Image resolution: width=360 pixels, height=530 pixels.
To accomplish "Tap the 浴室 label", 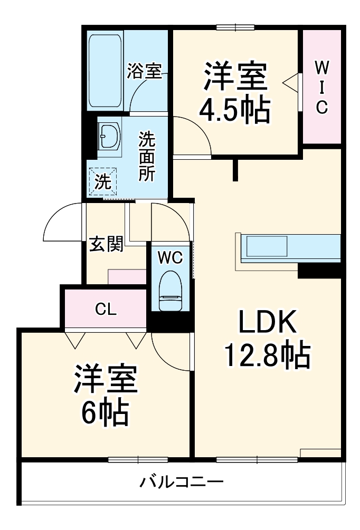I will pyautogui.click(x=144, y=72).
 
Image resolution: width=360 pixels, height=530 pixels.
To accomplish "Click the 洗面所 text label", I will pyautogui.click(x=147, y=157).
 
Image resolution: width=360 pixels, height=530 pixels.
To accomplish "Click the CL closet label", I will pyautogui.click(x=106, y=310).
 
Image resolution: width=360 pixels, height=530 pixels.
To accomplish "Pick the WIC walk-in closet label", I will pyautogui.click(x=321, y=87).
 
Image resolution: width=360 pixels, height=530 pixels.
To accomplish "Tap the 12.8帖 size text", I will pyautogui.click(x=267, y=356).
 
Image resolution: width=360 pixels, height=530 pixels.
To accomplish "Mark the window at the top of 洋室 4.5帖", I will pyautogui.click(x=235, y=27).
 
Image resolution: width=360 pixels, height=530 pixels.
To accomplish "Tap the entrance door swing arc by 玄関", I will pyautogui.click(x=62, y=224).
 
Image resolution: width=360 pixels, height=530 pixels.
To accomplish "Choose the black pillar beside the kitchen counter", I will pyautogui.click(x=319, y=270).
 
